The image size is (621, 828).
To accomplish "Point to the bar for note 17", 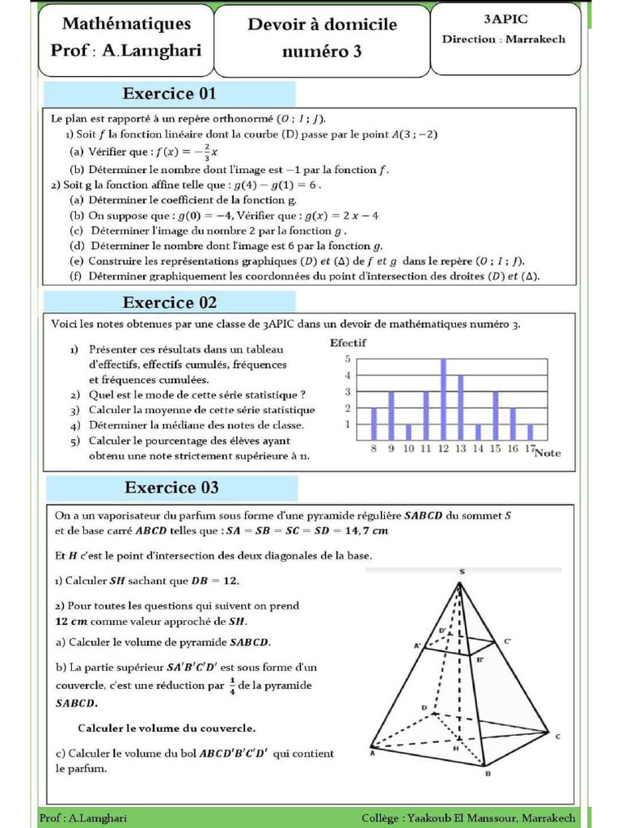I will (530, 432).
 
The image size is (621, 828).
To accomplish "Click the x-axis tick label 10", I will (408, 448).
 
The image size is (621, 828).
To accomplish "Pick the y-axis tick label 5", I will (348, 359).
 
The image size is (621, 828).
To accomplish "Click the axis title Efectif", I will (348, 343).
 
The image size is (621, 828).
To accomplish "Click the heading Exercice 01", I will (169, 94).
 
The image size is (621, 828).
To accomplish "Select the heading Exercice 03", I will (171, 488).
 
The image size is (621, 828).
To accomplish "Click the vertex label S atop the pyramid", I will (462, 572).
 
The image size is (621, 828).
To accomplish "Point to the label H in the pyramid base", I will (455, 748).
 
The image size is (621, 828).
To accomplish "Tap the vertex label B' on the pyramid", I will (481, 660).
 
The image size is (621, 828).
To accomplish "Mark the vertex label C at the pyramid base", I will (558, 736).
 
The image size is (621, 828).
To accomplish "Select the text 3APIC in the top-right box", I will (505, 19).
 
